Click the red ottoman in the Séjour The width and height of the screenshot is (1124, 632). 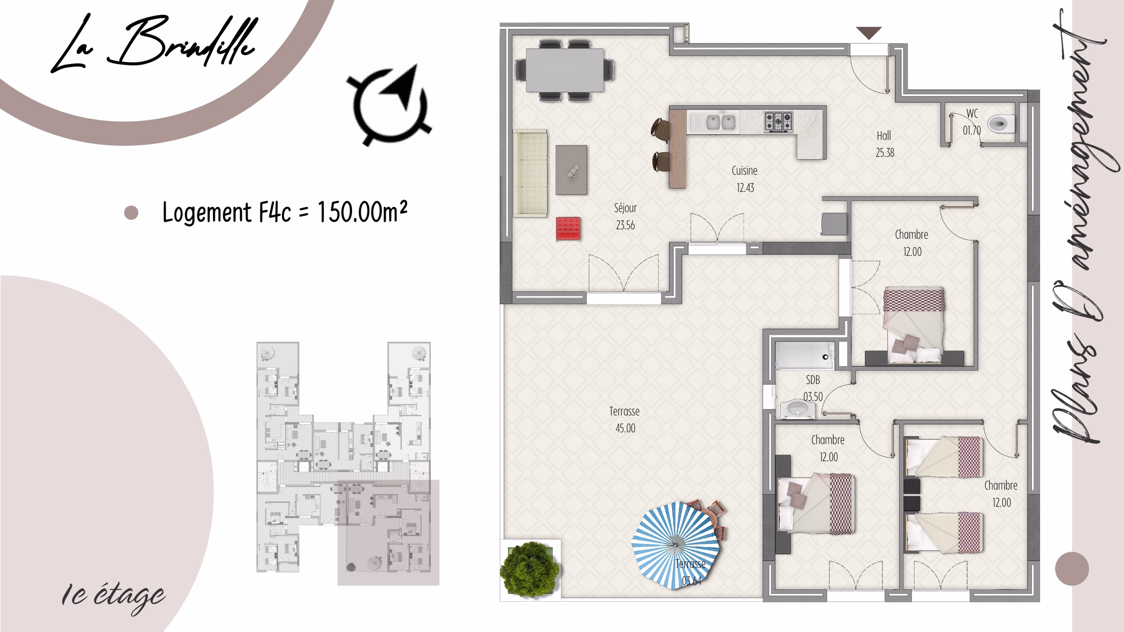(568, 229)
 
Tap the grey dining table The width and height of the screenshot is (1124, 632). (565, 70)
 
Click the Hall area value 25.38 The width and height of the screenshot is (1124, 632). (885, 153)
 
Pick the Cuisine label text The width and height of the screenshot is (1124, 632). (745, 171)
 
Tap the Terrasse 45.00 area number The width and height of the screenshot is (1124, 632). (625, 428)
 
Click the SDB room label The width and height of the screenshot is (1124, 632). (813, 380)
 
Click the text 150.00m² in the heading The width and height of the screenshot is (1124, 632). (362, 212)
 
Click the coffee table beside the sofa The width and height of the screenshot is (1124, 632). (571, 170)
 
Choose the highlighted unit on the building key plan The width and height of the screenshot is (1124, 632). (388, 532)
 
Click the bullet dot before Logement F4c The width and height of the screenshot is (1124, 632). (131, 213)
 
